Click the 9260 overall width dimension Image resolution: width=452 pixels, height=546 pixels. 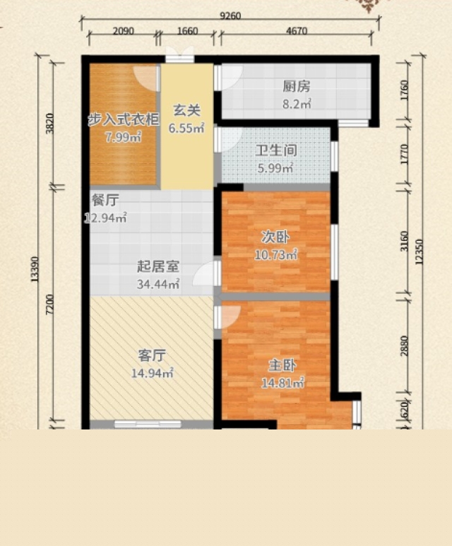[x=230, y=16]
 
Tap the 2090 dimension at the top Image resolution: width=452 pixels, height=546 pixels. [x=124, y=31]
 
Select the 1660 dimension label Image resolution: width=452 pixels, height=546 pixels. [x=188, y=31]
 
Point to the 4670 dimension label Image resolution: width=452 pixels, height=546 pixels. [x=297, y=31]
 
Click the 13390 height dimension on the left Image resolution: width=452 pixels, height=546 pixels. [x=35, y=269]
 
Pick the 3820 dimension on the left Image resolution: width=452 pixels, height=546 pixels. [x=50, y=124]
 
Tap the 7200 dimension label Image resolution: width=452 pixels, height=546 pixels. [x=50, y=304]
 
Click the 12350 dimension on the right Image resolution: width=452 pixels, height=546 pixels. [x=420, y=251]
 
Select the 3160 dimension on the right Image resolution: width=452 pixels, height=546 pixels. [x=404, y=241]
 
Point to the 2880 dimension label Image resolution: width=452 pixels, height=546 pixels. [x=404, y=346]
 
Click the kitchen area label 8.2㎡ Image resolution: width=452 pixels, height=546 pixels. [x=297, y=104]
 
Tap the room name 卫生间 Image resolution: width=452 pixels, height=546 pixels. [x=276, y=150]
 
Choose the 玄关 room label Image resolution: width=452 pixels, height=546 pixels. [x=187, y=110]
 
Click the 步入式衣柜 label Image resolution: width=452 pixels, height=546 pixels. [x=124, y=120]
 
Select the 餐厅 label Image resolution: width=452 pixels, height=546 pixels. [x=105, y=200]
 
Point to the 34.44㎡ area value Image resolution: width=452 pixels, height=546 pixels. [x=158, y=284]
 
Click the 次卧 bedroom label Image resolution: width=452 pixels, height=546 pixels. [x=275, y=237]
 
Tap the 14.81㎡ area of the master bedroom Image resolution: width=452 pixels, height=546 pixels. [x=282, y=383]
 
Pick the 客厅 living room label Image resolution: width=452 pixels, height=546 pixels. [x=152, y=355]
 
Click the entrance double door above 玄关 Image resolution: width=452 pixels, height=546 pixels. [x=179, y=54]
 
